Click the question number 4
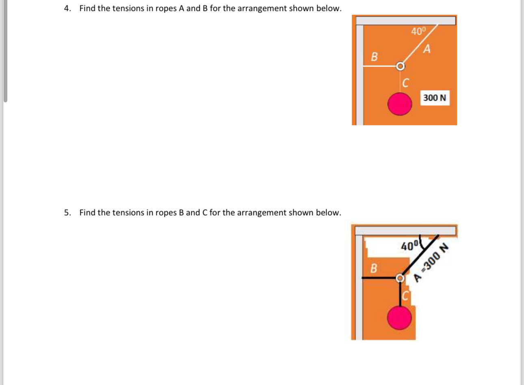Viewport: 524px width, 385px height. (x=67, y=9)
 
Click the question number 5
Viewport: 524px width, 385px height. (x=67, y=213)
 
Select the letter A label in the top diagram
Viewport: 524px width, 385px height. (x=427, y=50)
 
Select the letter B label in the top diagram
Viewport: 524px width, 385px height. (x=375, y=57)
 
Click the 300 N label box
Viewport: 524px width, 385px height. (x=435, y=98)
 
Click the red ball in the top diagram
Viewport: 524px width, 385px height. (x=400, y=104)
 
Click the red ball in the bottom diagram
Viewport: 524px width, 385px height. (x=399, y=318)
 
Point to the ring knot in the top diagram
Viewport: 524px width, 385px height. (x=400, y=66)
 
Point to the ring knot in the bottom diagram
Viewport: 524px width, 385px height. (x=400, y=278)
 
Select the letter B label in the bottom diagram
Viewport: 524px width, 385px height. (x=374, y=268)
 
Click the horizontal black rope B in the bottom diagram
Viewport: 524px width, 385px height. (x=380, y=278)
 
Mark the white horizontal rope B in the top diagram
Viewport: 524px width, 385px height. (x=380, y=66)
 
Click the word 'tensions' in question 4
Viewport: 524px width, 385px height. (x=129, y=9)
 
